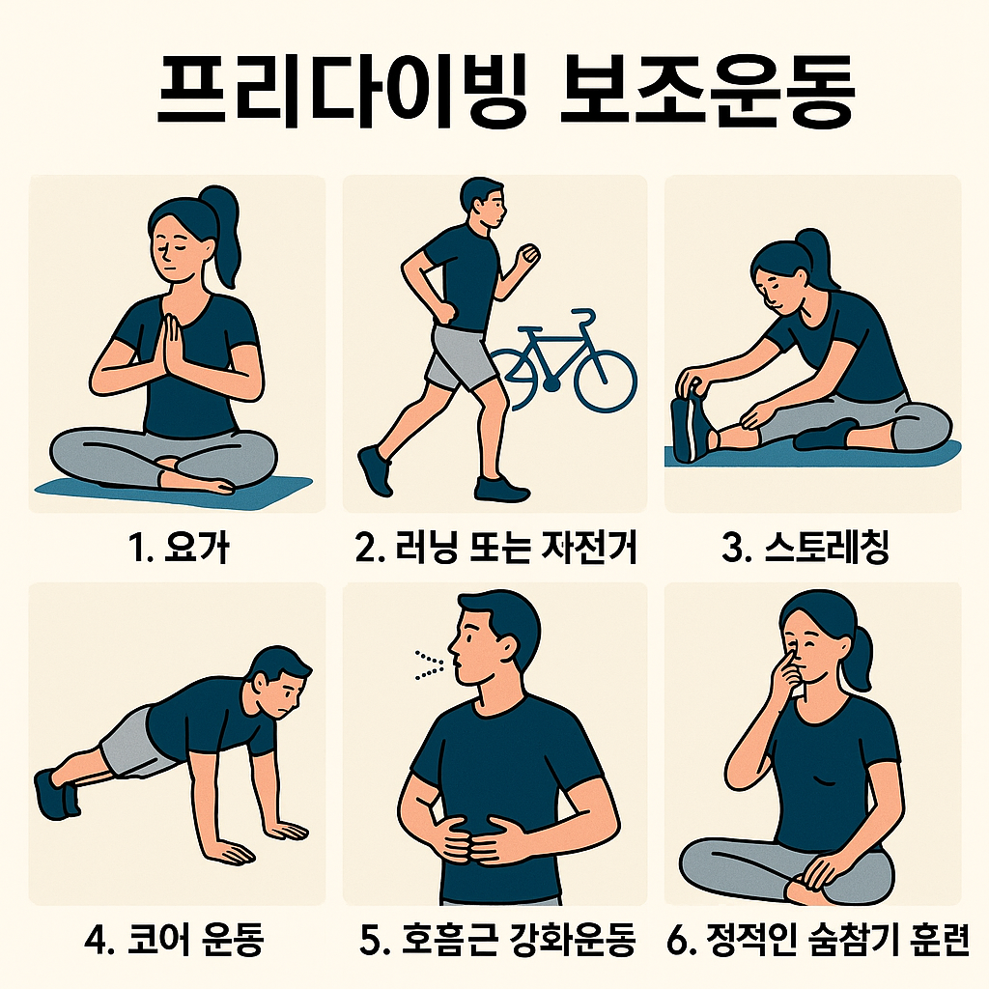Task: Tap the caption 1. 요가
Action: [178, 547]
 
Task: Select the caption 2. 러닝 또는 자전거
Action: [495, 547]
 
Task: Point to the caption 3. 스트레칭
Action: [805, 547]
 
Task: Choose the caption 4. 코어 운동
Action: [174, 939]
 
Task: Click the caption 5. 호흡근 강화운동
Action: [497, 939]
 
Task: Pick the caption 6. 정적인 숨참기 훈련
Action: [817, 939]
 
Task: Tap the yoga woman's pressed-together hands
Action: [170, 344]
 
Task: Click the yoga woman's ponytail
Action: [224, 234]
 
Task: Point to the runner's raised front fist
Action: [528, 255]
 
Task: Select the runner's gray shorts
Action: [456, 356]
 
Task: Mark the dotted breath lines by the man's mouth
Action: [429, 665]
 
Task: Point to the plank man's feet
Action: [57, 794]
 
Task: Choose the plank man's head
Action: [281, 680]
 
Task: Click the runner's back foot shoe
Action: [375, 470]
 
